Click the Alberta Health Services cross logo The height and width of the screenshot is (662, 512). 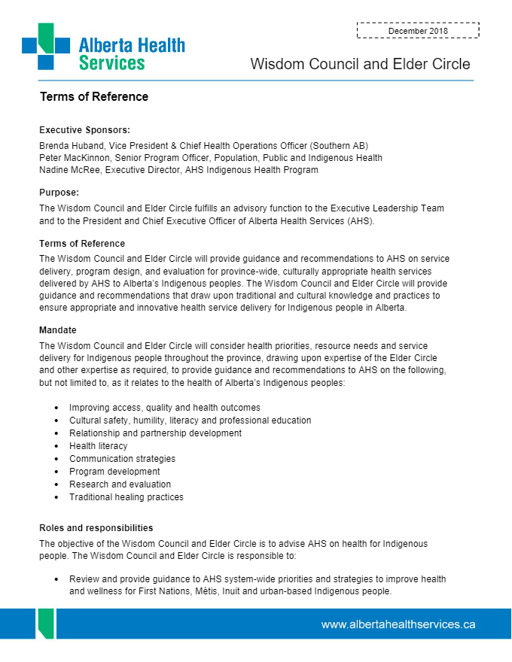[x=46, y=47]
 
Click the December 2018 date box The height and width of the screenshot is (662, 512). [x=418, y=30]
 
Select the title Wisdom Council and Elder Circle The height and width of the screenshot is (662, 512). [x=360, y=64]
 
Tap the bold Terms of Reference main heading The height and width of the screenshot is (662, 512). [x=94, y=97]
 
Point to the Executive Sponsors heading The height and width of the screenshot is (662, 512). [x=84, y=129]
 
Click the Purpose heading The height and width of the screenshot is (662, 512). [x=59, y=193]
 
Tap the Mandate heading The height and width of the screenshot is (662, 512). [x=58, y=329]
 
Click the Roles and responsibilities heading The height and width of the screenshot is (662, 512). [x=96, y=527]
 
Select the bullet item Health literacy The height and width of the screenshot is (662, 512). [x=99, y=446]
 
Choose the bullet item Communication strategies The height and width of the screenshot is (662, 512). [x=122, y=459]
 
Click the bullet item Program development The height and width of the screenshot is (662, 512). [x=114, y=472]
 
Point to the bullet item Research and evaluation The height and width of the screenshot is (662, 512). [x=120, y=484]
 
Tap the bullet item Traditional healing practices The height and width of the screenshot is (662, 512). [x=126, y=497]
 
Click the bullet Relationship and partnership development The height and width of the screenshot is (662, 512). [x=155, y=433]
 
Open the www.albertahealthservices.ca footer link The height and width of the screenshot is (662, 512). [x=398, y=624]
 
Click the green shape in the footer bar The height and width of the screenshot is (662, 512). [x=45, y=623]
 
